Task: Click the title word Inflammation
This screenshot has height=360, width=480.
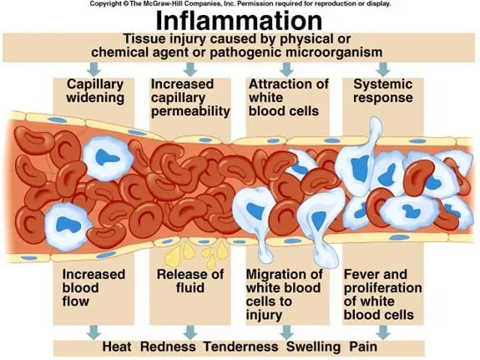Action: click(x=239, y=21)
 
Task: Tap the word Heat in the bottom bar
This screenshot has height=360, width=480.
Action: click(x=117, y=347)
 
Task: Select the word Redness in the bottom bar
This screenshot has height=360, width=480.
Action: click(x=168, y=347)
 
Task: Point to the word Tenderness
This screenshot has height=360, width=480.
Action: click(x=241, y=347)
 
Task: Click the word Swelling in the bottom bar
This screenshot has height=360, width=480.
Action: click(x=313, y=347)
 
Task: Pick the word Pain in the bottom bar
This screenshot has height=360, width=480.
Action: click(x=363, y=347)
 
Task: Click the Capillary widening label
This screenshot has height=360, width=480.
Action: click(x=95, y=91)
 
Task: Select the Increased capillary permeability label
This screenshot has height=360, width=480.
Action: click(x=190, y=98)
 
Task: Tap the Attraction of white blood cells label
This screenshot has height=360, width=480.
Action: click(x=289, y=98)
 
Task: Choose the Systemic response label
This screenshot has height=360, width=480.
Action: click(x=383, y=91)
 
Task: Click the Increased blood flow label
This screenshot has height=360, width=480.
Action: click(x=93, y=287)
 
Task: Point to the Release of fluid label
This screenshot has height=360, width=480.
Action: click(x=190, y=281)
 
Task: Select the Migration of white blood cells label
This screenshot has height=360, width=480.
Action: click(x=285, y=295)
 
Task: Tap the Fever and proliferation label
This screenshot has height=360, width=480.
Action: click(x=382, y=295)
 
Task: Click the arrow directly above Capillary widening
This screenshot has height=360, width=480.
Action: click(x=93, y=69)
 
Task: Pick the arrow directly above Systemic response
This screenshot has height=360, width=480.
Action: click(x=383, y=69)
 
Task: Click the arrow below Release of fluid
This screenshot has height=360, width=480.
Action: click(x=190, y=332)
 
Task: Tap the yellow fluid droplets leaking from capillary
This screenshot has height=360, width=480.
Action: click(x=196, y=254)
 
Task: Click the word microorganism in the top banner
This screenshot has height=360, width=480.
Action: click(x=334, y=53)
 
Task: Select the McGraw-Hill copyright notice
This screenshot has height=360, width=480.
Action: click(x=240, y=4)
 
